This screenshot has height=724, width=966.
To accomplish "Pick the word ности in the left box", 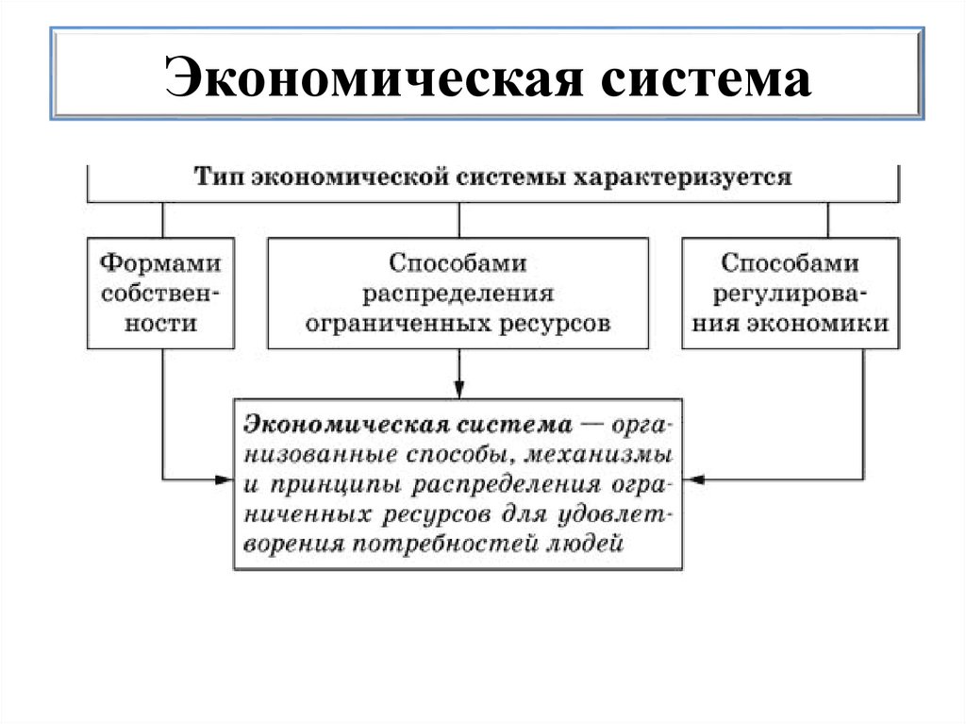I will [x=162, y=323].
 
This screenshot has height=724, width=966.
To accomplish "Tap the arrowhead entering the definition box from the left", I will [x=224, y=480].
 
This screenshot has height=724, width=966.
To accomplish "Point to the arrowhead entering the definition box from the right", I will [x=694, y=480].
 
